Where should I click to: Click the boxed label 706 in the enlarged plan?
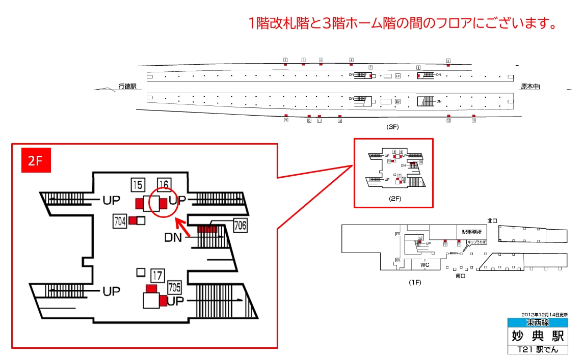click(x=240, y=225)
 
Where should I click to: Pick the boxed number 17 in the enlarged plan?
click(x=157, y=276)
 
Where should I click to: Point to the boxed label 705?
click(x=174, y=288)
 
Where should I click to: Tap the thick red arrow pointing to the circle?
click(x=183, y=227)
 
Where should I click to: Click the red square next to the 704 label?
click(x=133, y=220)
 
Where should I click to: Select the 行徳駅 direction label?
click(x=127, y=87)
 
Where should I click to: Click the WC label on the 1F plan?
click(x=424, y=265)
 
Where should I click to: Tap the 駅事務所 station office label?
click(x=471, y=232)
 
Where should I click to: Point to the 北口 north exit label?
click(x=492, y=220)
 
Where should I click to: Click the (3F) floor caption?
click(x=392, y=127)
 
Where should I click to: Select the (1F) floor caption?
click(x=414, y=282)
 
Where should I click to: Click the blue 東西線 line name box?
click(x=537, y=323)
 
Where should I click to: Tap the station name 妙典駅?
click(x=537, y=336)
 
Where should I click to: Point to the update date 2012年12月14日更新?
click(x=544, y=315)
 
